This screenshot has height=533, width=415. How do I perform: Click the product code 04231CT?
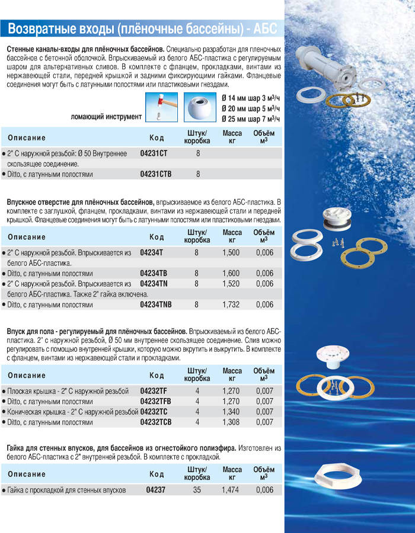(153, 153)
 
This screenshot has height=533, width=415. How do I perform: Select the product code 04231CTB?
(155, 175)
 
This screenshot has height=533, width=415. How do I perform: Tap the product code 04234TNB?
(156, 305)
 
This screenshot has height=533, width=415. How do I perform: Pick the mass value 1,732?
(232, 305)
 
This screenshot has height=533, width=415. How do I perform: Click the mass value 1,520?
(232, 284)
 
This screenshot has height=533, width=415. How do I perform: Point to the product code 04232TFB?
(156, 401)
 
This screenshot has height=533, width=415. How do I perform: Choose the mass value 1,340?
(232, 412)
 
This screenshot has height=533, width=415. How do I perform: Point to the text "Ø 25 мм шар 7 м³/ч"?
(250, 118)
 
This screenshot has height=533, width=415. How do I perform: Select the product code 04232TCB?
(156, 422)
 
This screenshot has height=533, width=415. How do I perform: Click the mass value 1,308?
(232, 422)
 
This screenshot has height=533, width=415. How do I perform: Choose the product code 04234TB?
(154, 274)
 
